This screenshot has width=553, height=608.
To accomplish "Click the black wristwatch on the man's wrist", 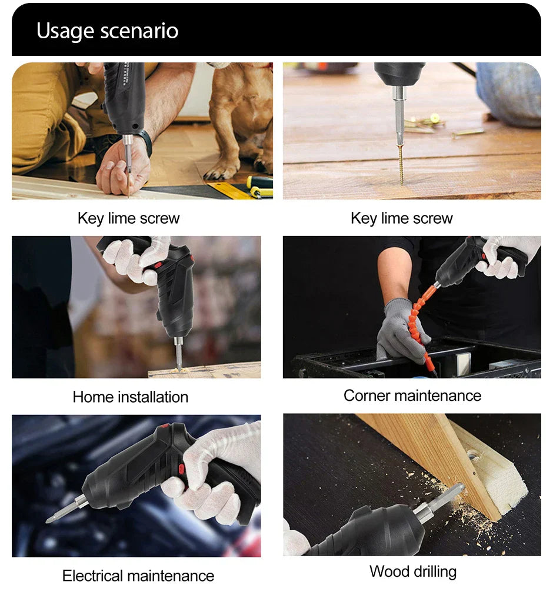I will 144,142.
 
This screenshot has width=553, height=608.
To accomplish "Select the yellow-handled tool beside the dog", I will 259,187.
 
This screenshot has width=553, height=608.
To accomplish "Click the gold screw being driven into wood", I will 402,165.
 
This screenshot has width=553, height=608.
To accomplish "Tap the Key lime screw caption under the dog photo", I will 128,218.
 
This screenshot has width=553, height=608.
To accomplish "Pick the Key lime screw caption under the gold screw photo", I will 401,218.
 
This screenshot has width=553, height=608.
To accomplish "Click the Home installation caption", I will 130,397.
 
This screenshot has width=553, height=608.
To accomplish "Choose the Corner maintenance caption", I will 412,396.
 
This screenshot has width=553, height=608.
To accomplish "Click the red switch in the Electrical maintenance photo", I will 181,469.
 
